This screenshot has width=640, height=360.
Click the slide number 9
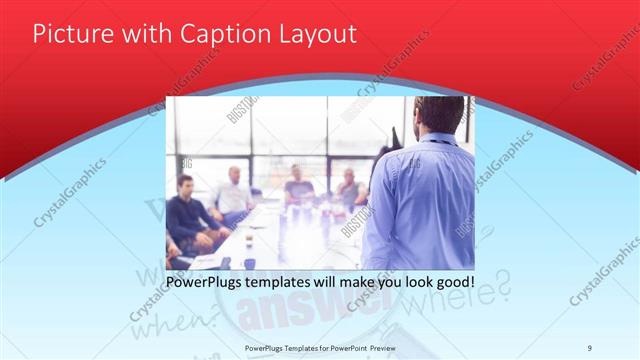590,347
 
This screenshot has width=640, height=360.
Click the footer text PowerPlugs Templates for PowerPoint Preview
320,347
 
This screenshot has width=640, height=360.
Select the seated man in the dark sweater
187,215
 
